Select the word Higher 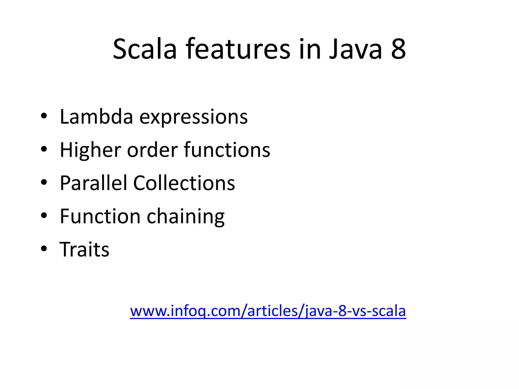tap(90, 150)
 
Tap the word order tap(152, 150)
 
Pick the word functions tap(227, 150)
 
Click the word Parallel tap(93, 183)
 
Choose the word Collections tap(184, 183)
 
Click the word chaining tap(186, 217)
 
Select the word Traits tap(84, 249)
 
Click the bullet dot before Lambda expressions tap(44, 116)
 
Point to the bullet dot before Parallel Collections tap(44, 182)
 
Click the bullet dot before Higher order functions tap(44, 149)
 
